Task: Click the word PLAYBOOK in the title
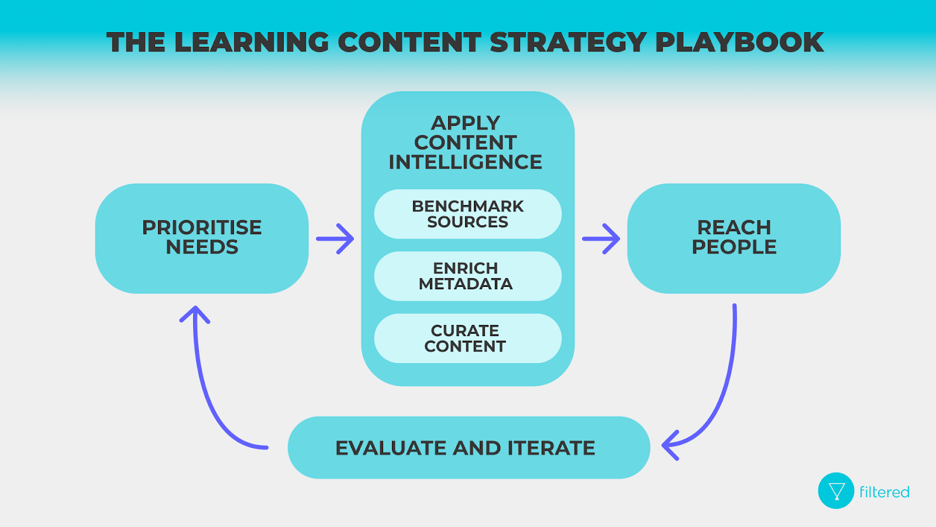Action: click(739, 42)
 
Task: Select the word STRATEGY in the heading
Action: click(567, 42)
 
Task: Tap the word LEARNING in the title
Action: click(252, 42)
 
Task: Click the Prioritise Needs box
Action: click(202, 238)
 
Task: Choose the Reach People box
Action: click(734, 238)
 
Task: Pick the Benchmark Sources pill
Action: click(467, 214)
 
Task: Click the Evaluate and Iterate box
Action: click(468, 448)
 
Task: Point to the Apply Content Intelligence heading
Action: click(466, 142)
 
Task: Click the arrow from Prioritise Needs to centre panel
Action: click(335, 238)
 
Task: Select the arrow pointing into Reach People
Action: click(601, 238)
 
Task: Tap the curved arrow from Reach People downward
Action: click(720, 398)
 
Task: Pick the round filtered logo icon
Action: click(836, 491)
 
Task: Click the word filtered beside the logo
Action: click(884, 492)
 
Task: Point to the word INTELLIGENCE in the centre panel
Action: click(466, 162)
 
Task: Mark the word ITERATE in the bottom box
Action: click(551, 448)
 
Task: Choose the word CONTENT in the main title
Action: click(409, 42)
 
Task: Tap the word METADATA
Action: click(466, 284)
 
